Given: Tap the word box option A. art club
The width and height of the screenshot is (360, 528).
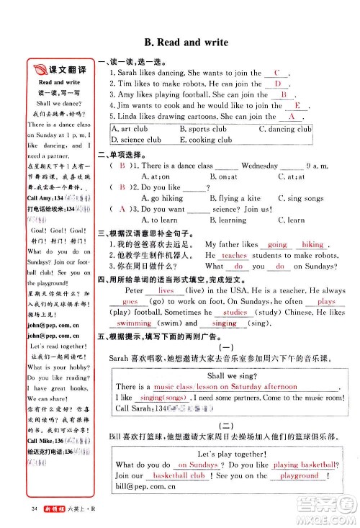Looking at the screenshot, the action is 130,130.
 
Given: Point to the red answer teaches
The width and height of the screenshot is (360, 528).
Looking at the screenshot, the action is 234,256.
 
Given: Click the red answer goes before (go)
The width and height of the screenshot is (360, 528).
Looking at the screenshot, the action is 130,302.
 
